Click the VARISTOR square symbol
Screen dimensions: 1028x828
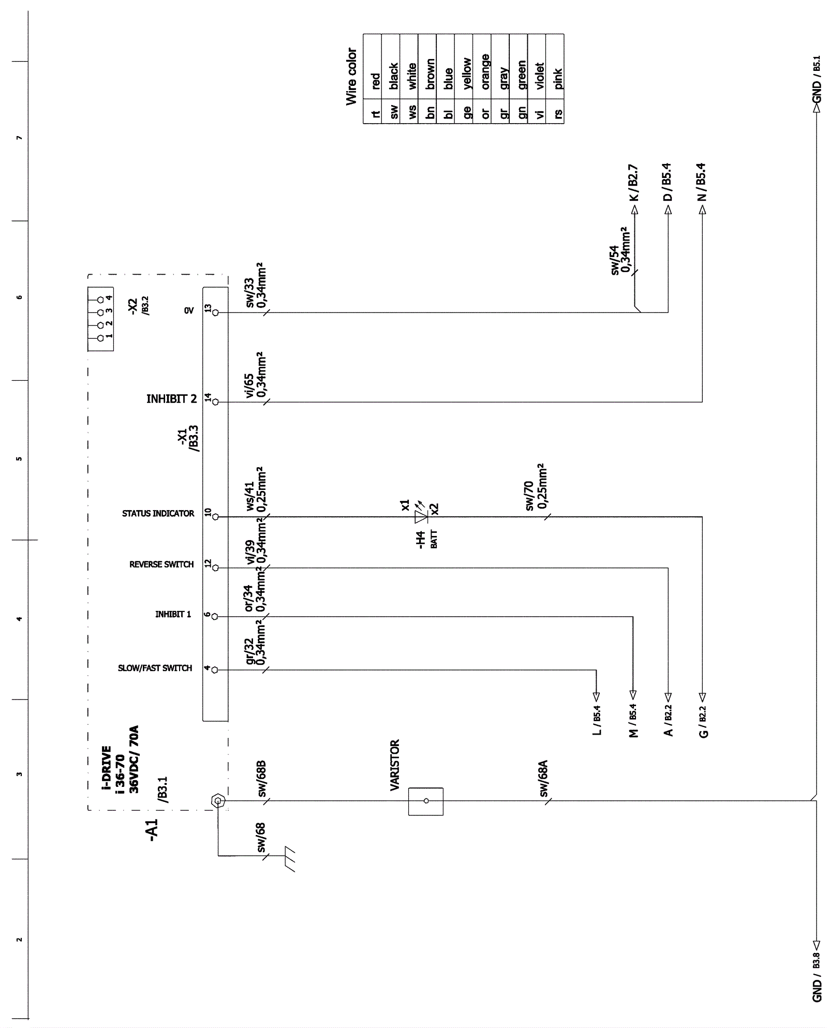pyautogui.click(x=425, y=801)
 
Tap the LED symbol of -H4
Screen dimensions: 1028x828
pyautogui.click(x=421, y=516)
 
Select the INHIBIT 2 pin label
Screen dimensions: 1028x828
pyautogui.click(x=171, y=399)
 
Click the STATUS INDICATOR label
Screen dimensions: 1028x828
pyautogui.click(x=158, y=513)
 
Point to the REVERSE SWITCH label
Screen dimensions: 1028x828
pyautogui.click(x=161, y=564)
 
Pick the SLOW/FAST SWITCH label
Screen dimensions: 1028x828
pyautogui.click(x=155, y=668)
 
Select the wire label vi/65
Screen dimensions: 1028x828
pyautogui.click(x=249, y=385)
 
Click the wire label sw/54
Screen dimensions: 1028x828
pyautogui.click(x=614, y=260)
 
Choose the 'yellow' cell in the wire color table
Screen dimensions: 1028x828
pyautogui.click(x=467, y=73)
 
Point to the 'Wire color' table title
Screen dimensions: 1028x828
pyautogui.click(x=352, y=77)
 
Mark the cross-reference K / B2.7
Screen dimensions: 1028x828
pyautogui.click(x=634, y=183)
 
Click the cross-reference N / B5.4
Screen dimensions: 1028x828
pyautogui.click(x=702, y=182)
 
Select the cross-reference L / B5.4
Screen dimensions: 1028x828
pyautogui.click(x=597, y=720)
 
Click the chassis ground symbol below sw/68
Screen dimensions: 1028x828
pyautogui.click(x=289, y=859)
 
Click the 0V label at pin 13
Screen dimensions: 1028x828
pyautogui.click(x=189, y=310)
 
